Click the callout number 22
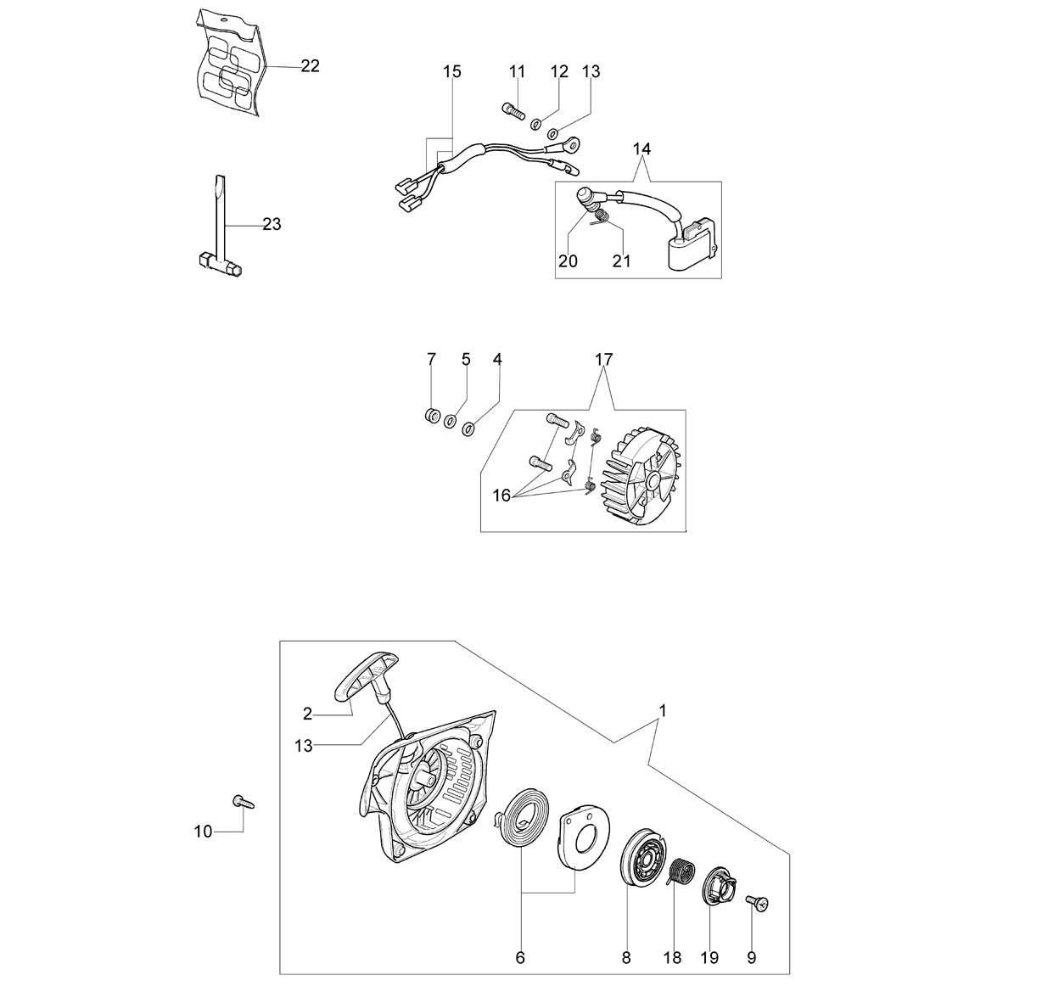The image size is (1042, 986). pos(310,66)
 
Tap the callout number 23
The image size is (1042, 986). pos(272,224)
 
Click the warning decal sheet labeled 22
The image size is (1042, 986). pos(229,63)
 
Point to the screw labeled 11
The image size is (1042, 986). pos(513,111)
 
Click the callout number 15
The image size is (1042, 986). pos(452,71)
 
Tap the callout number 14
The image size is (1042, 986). pos(641,149)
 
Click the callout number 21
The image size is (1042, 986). pos(621,261)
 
